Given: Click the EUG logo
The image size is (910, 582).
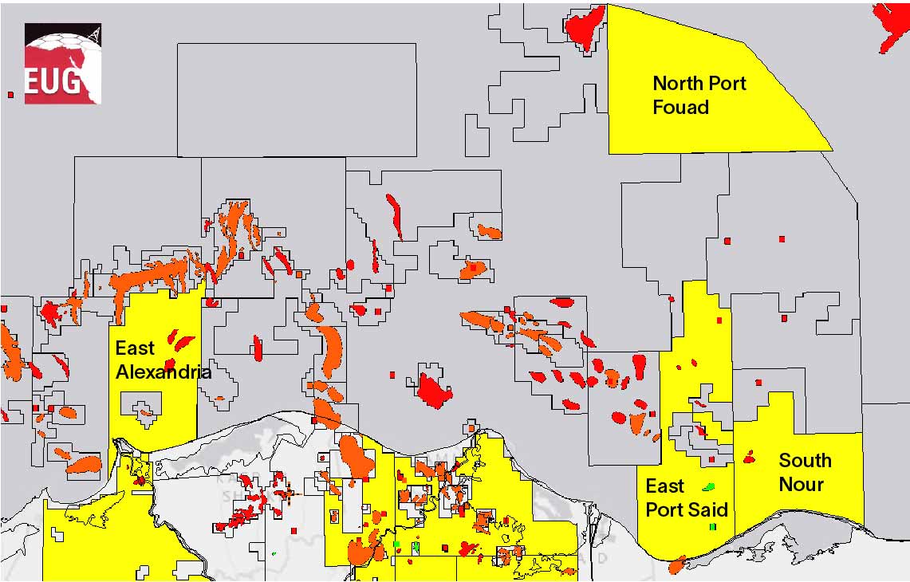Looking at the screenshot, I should (x=62, y=64).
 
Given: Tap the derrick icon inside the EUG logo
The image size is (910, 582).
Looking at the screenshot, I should (x=93, y=35).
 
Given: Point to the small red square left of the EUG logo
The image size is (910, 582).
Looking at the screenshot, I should (x=10, y=95).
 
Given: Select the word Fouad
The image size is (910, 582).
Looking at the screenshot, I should (x=680, y=107).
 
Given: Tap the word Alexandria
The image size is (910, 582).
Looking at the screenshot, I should (x=163, y=372).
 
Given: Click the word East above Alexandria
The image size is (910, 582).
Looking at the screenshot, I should (x=135, y=348).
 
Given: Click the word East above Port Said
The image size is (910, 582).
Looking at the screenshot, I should (x=665, y=486).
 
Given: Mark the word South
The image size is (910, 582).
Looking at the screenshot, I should (x=805, y=461).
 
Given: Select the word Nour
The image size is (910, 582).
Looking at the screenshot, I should (x=801, y=484).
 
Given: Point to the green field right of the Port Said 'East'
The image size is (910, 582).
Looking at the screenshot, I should (x=708, y=486).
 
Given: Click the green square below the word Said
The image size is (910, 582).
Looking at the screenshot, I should (x=712, y=527).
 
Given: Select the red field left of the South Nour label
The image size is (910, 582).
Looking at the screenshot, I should (x=749, y=458).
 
